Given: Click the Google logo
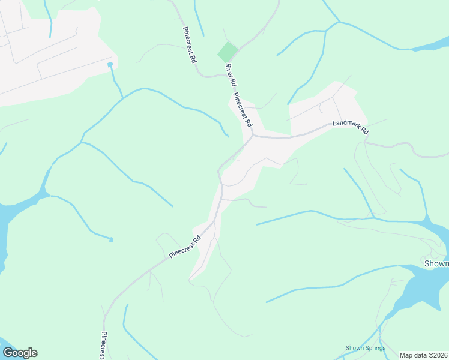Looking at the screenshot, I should pyautogui.click(x=20, y=353).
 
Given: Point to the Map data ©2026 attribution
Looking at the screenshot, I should pyautogui.click(x=424, y=355).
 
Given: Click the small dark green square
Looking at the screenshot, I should pyautogui.click(x=228, y=52).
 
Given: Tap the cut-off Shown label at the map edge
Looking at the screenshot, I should pyautogui.click(x=436, y=263).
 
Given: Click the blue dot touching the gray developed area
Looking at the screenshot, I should pyautogui.click(x=110, y=64).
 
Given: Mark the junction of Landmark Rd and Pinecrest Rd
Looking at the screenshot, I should pyautogui.click(x=253, y=135).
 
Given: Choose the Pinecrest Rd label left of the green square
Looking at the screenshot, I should pyautogui.click(x=190, y=44).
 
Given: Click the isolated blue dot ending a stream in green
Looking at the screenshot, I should pyautogui.click(x=111, y=240).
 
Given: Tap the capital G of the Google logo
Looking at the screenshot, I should pyautogui.click(x=8, y=353).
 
